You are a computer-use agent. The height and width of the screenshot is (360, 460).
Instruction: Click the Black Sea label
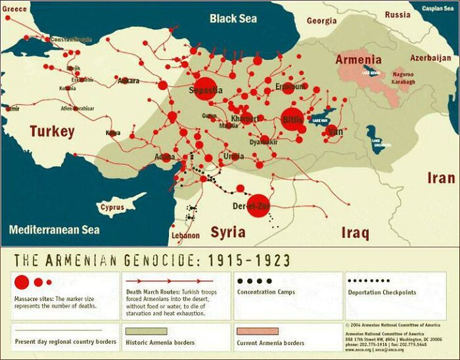point(233,18)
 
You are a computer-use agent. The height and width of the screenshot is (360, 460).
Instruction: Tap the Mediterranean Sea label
point(54,230)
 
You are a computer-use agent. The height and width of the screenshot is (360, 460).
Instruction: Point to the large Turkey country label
point(52,131)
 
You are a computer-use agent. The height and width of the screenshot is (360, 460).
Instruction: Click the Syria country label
point(227,232)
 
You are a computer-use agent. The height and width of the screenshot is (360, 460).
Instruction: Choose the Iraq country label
point(355,233)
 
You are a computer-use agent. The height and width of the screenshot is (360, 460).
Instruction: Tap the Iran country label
point(440,178)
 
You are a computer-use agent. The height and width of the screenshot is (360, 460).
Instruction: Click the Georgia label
point(321,21)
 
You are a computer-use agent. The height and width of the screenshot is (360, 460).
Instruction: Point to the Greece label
point(15,9)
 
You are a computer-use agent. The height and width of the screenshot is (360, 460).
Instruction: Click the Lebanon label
point(185,235)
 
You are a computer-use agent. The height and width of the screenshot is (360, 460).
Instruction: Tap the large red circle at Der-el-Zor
point(258,205)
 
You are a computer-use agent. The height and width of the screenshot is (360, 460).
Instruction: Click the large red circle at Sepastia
point(206,88)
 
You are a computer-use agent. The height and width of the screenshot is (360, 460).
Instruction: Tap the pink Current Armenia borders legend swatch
point(257,330)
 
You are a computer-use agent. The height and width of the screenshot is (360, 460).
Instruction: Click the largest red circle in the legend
point(22,282)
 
